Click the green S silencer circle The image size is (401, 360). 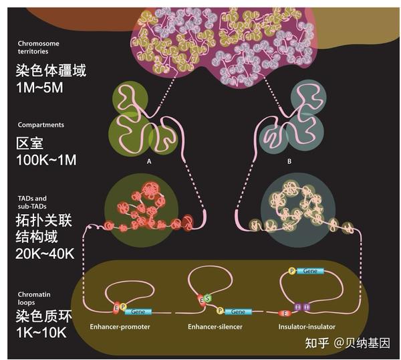(207, 297)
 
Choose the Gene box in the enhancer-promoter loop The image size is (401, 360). (138, 312)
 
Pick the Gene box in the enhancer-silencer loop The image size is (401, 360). (238, 312)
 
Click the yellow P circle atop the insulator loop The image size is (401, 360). (291, 271)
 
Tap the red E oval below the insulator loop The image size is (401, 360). (286, 312)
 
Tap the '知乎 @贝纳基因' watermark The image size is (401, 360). (347, 343)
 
